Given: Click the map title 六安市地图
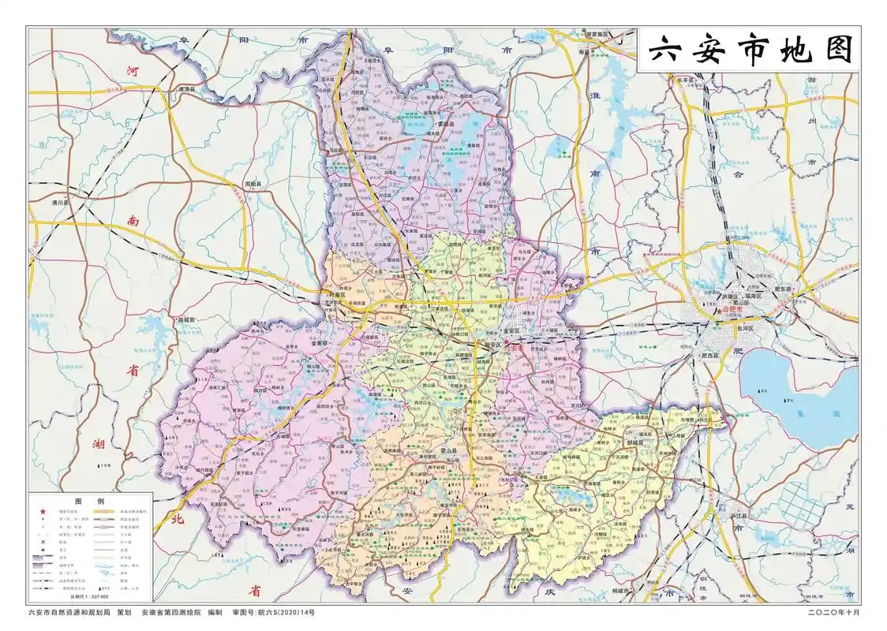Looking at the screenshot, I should (x=750, y=50).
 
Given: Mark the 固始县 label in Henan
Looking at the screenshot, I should (x=253, y=184).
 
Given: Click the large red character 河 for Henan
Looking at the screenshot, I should (x=134, y=69).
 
